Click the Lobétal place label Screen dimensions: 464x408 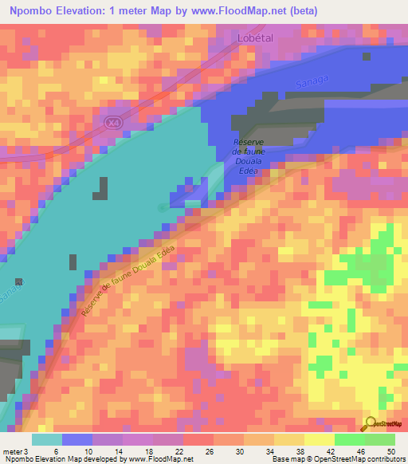click(x=255, y=37)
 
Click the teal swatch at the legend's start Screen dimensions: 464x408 click(x=46, y=439)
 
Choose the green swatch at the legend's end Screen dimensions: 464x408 click(x=379, y=439)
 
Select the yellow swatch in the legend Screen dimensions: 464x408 click(x=319, y=439)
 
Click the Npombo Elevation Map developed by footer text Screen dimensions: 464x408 click(x=64, y=459)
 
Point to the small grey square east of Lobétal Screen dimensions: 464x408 click(x=367, y=56)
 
